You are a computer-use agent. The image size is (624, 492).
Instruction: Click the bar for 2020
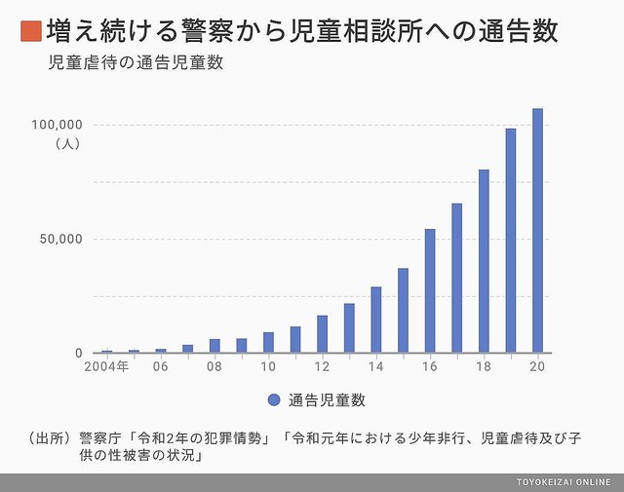coord(537,231)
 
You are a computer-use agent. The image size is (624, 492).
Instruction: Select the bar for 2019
coord(510,241)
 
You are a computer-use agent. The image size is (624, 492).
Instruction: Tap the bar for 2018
coord(484,261)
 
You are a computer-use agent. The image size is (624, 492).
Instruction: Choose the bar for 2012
coord(322,333)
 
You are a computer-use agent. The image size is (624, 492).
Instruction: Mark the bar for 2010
coord(268,342)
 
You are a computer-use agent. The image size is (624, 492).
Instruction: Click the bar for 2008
coord(214,346)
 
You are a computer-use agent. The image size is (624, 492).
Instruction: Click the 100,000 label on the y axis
coord(60,125)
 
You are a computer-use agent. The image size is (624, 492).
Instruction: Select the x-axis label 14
coord(376,368)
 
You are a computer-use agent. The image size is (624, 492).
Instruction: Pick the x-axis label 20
coord(537,368)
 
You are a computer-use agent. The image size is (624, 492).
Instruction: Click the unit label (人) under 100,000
coord(67,143)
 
